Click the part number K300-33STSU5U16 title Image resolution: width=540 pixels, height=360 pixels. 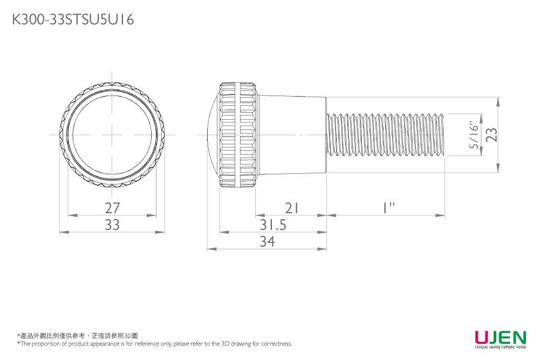(x=73, y=20)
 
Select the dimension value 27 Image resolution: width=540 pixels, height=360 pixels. (x=112, y=208)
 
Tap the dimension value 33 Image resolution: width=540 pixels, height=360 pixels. (x=112, y=225)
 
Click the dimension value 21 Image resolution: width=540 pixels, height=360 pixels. (x=291, y=208)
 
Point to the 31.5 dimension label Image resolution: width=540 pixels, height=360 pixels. (x=272, y=225)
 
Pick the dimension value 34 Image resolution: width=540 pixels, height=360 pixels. (x=267, y=242)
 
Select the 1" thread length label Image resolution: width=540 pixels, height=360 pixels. (x=386, y=208)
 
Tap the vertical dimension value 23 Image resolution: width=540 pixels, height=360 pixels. (x=491, y=134)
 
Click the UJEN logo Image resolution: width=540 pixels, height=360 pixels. (x=500, y=337)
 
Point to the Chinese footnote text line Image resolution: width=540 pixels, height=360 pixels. (x=78, y=336)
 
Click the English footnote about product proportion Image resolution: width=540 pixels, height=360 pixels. (x=154, y=344)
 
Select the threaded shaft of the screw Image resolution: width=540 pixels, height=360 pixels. (x=386, y=134)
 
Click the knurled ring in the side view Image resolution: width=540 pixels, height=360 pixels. (x=237, y=134)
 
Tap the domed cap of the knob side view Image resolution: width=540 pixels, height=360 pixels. (x=213, y=134)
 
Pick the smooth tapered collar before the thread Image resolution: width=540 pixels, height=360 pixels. (x=291, y=134)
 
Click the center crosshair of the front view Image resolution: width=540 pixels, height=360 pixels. (x=112, y=134)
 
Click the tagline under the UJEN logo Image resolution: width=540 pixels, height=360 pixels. (x=500, y=347)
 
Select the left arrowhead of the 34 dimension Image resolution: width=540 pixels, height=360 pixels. (x=209, y=249)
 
